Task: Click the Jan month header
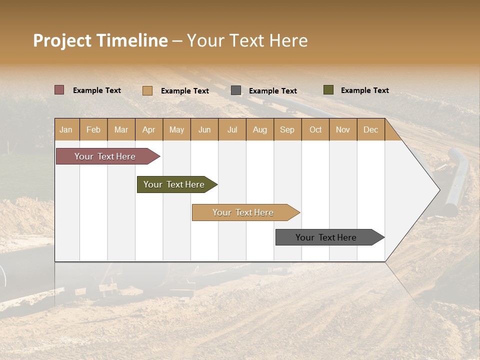(66, 130)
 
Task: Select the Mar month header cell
(121, 130)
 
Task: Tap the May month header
(176, 130)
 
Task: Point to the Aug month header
(259, 130)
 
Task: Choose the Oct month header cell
(315, 130)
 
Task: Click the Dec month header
(370, 130)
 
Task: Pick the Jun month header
(204, 130)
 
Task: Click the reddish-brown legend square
(59, 90)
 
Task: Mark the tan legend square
(147, 90)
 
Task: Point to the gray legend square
(236, 90)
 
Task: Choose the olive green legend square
(328, 90)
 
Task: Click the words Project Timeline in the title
(100, 40)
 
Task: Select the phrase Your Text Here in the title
(247, 40)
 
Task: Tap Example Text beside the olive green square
(364, 90)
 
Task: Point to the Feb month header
(93, 130)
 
